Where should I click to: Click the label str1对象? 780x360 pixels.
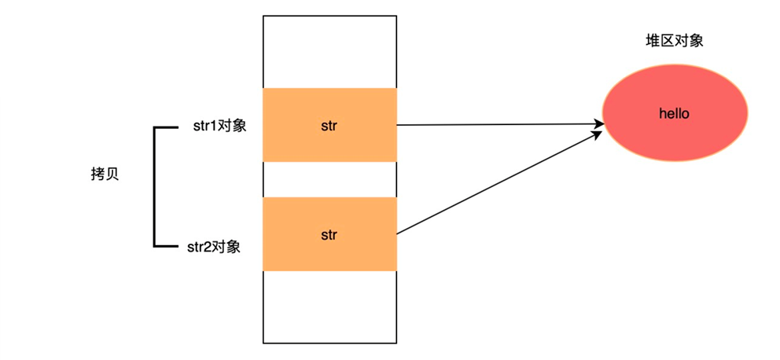(219, 126)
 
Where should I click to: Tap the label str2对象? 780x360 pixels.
(213, 247)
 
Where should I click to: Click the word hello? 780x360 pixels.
(674, 114)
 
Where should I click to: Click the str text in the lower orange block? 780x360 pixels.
(330, 234)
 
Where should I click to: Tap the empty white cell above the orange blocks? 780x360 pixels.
(330, 52)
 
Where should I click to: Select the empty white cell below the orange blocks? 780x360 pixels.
(330, 307)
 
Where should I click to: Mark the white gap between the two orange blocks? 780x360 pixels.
(330, 179)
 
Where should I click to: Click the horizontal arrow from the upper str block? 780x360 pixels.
(495, 124)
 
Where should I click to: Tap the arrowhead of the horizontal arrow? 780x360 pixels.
(598, 123)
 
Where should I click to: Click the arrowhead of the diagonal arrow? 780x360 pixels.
(597, 134)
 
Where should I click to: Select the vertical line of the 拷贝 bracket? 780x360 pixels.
(155, 187)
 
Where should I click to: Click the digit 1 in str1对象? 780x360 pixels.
(211, 126)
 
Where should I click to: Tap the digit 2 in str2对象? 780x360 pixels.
(204, 247)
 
